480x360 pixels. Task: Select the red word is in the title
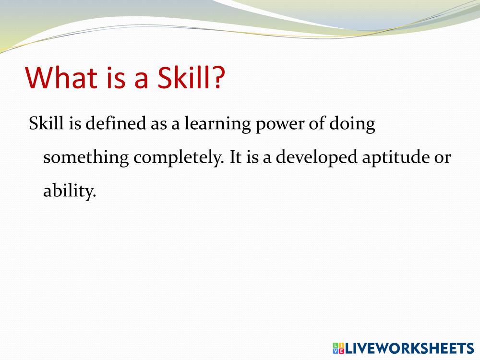116,78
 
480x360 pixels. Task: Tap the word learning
217,125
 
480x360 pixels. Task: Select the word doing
352,125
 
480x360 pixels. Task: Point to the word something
86,158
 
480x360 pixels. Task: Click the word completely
179,158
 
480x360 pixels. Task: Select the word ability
70,192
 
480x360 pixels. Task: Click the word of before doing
317,123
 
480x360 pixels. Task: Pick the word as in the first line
158,126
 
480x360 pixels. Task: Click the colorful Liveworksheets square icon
338,348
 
